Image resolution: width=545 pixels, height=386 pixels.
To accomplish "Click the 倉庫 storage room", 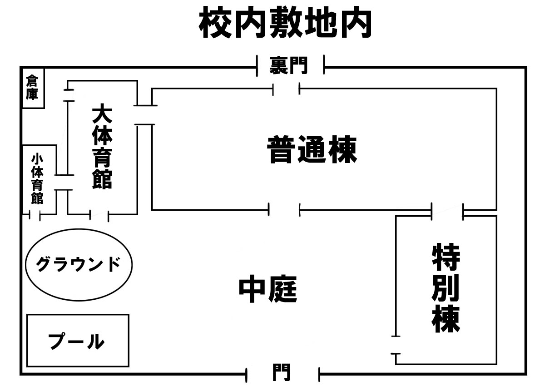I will coord(32,88).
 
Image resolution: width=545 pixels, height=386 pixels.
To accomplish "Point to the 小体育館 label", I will coord(37,179).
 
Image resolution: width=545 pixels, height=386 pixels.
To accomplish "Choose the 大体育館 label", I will coord(102,147).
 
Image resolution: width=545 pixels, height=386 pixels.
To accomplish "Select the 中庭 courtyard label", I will coord(268,290).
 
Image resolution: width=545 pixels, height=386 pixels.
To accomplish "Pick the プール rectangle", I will coord(78,341).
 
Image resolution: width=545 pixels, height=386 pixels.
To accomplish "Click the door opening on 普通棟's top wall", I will coord(286,89).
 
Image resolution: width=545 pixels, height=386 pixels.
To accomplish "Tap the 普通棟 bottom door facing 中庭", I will coord(285,210).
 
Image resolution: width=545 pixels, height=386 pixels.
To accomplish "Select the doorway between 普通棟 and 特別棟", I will coord(447,211).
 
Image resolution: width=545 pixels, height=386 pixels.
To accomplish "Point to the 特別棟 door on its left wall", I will coord(396,345).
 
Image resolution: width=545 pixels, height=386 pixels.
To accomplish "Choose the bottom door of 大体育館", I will coord(99,215).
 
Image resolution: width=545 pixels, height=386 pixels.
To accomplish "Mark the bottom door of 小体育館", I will coord(35,215).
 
